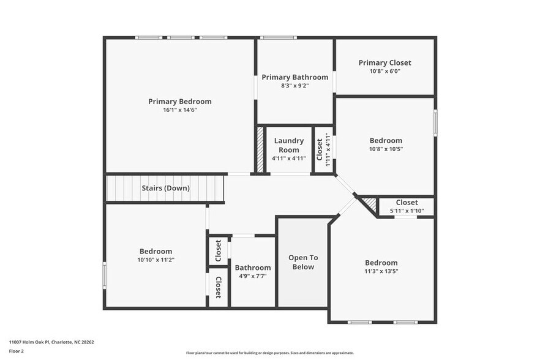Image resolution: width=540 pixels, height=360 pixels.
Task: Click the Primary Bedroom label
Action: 179,102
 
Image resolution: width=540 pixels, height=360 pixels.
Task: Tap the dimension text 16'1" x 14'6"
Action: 179,110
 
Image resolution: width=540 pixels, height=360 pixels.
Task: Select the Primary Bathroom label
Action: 294,77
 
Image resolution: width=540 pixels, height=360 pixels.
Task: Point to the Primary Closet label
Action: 384,62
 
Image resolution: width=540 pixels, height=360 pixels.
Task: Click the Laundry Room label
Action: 288,145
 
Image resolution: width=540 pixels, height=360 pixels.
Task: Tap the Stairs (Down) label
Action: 165,188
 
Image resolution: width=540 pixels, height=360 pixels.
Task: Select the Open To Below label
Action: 303,262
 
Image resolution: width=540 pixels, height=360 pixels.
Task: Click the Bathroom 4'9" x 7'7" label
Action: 253,268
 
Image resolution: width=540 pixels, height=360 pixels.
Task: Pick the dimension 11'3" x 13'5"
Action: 381,271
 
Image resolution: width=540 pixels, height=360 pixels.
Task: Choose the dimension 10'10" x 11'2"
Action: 156,260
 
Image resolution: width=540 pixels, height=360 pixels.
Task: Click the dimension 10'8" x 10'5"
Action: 386,149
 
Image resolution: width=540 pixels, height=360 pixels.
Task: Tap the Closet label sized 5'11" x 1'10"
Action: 407,203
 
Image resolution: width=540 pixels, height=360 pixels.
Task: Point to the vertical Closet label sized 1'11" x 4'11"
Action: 320,149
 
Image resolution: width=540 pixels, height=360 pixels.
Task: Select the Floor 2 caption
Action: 17,351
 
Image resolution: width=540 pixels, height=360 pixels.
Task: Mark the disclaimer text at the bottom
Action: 269,353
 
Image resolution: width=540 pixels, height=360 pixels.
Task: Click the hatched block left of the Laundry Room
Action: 260,150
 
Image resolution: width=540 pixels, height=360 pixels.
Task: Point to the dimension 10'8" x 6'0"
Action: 384,71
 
